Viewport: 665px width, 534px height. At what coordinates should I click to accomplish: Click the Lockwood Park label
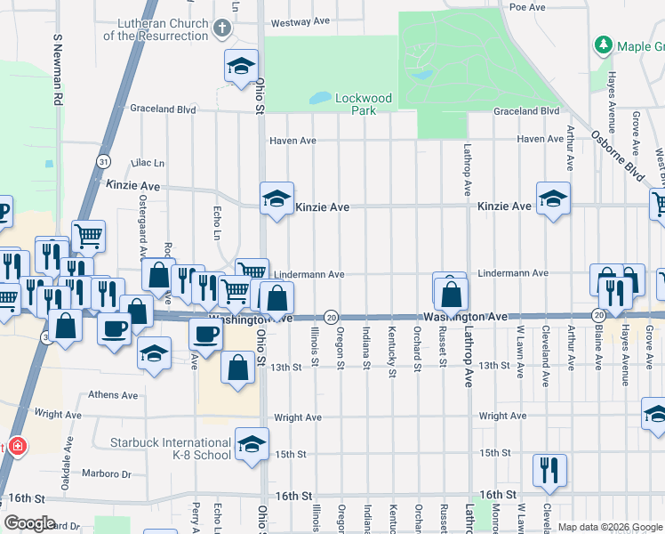363,104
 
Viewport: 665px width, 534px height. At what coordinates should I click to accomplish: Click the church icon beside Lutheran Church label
222,28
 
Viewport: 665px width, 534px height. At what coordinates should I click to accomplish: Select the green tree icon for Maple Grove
604,44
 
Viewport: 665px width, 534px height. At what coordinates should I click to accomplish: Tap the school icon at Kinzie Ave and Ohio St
276,198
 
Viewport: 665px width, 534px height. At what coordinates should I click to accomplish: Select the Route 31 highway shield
104,161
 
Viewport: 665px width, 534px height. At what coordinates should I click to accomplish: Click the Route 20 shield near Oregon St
331,317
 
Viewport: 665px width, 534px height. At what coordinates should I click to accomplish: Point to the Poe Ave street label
526,7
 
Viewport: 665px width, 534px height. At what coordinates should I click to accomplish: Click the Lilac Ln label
148,164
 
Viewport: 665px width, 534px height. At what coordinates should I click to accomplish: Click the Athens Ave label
113,395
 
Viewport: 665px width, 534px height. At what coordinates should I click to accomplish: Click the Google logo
30,523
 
